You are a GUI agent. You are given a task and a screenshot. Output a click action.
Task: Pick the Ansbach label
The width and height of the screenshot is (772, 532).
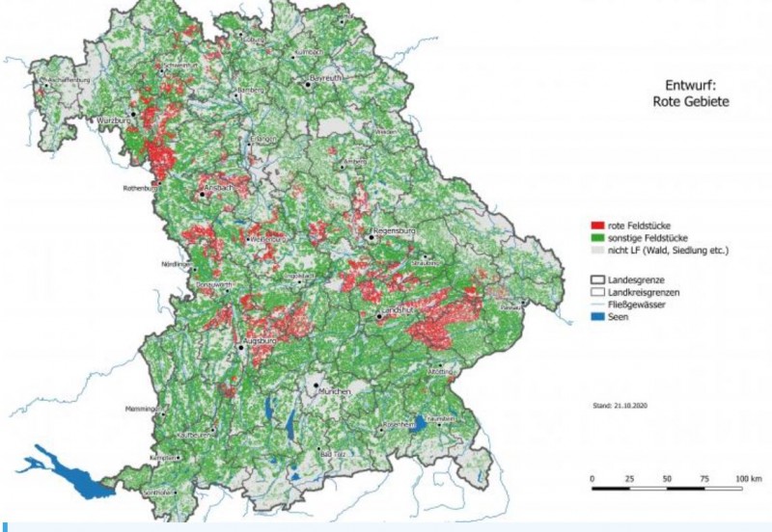point(219,187)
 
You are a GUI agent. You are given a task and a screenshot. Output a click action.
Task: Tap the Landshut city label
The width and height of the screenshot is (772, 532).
point(398,310)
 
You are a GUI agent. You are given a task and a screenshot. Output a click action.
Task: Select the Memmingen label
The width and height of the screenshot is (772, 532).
point(142,410)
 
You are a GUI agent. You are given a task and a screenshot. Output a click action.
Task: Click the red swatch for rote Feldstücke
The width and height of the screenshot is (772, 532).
point(596,224)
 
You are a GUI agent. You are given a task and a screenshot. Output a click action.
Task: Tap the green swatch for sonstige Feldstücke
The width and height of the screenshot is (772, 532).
point(596,237)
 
